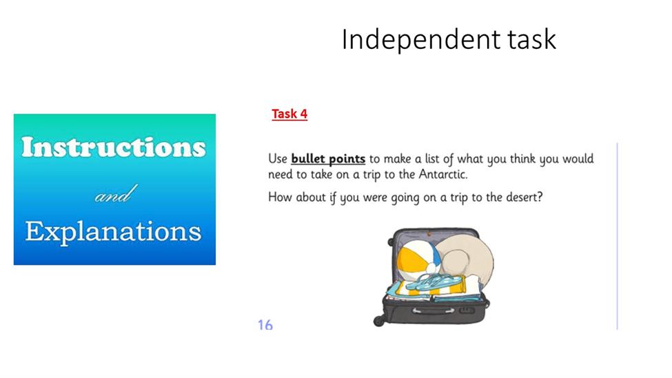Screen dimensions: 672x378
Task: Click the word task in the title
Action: click(x=532, y=39)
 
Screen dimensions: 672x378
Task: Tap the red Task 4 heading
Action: click(x=289, y=114)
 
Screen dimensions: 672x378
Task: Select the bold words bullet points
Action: click(x=328, y=159)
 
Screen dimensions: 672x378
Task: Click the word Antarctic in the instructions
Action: click(x=442, y=175)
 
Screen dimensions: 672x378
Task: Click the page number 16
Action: click(x=265, y=325)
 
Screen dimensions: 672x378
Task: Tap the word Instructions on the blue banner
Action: click(x=114, y=147)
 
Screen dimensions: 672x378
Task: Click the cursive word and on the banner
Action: click(x=116, y=195)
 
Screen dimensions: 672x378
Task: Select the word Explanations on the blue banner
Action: click(x=114, y=232)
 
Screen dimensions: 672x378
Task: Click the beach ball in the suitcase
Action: click(x=418, y=259)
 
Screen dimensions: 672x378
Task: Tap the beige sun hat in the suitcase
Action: click(x=466, y=260)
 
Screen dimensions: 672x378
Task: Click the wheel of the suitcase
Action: click(x=379, y=321)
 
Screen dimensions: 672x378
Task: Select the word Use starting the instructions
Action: click(x=277, y=159)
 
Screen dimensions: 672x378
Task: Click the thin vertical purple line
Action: click(x=617, y=237)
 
